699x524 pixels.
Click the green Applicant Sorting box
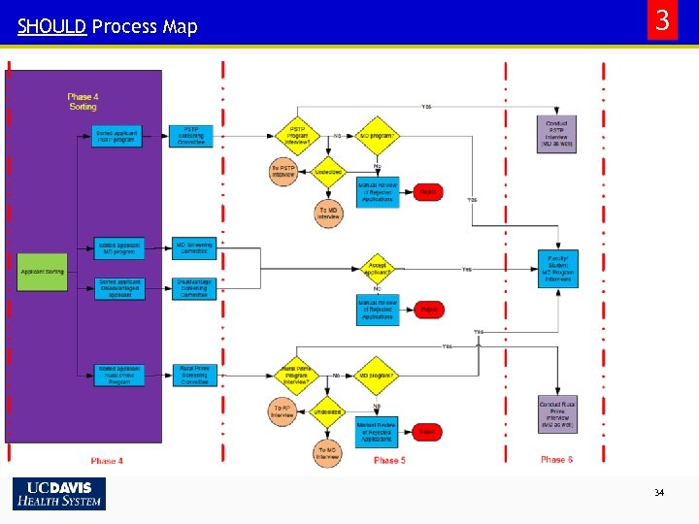[43, 272]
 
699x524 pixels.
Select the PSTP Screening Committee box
[193, 136]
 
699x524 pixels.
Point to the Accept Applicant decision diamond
[377, 269]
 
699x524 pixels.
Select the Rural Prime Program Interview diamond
[295, 376]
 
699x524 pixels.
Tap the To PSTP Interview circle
[283, 171]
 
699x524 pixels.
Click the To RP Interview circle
[283, 410]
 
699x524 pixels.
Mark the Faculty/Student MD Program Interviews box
[557, 269]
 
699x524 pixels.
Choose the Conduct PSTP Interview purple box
[557, 134]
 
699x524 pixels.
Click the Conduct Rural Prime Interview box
[557, 414]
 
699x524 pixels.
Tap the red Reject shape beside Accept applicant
[427, 311]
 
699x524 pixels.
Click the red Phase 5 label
[388, 460]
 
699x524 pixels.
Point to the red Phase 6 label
[557, 460]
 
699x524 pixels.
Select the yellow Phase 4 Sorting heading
[83, 101]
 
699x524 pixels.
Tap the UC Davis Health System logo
[58, 494]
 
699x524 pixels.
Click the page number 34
[659, 493]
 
